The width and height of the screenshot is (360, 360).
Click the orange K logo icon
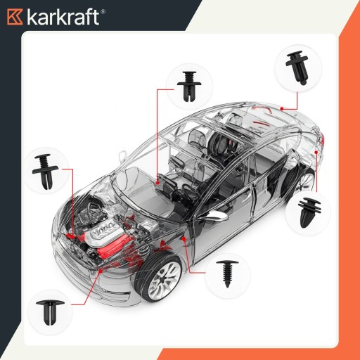pos(15,17)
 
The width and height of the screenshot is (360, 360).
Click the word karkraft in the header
pos(63,17)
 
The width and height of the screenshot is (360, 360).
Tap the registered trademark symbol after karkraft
pos(103,12)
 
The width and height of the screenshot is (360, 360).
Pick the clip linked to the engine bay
pos(45,172)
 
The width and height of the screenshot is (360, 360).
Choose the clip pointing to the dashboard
pos(189,86)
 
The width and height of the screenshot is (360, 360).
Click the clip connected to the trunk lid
pos(297,67)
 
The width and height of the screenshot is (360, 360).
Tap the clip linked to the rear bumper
pos(309,212)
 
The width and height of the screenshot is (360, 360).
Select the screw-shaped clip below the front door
pos(227,274)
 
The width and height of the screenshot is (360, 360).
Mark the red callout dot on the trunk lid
pos(282,108)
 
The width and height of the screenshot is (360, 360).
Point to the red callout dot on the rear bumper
pos(316,152)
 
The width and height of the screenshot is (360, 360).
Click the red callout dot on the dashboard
pos(157,182)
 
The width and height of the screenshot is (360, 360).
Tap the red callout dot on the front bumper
pos(101,271)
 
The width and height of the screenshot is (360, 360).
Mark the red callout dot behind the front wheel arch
pos(184,239)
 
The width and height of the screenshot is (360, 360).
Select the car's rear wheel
pos(300,181)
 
